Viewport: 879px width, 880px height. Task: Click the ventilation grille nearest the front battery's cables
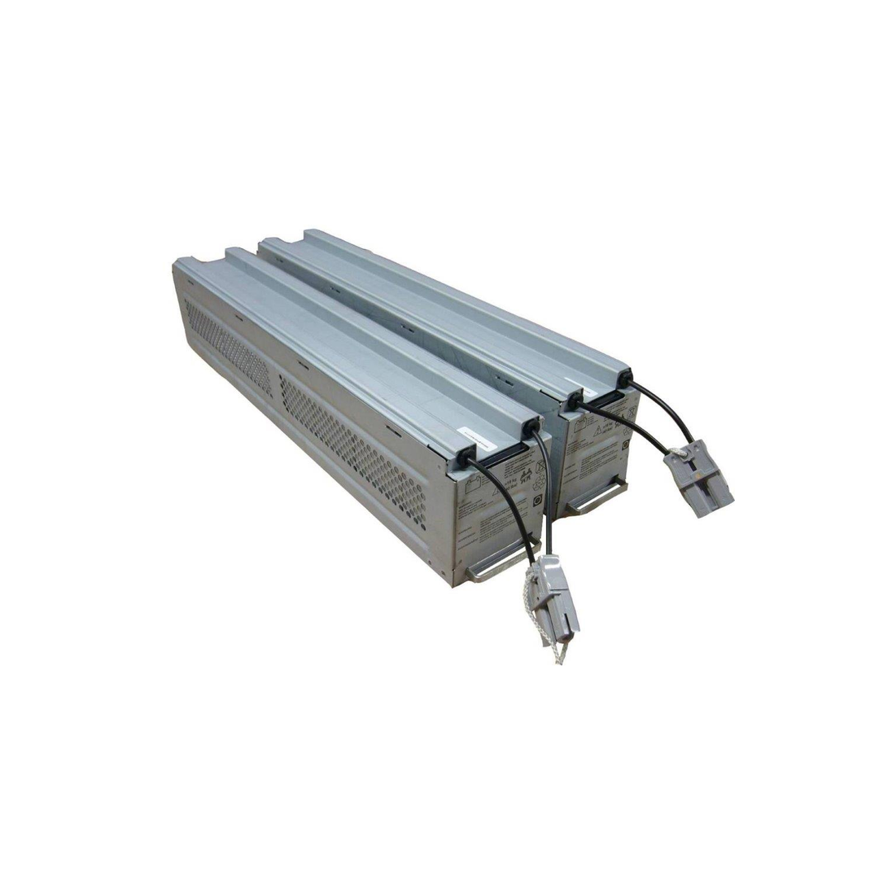353,448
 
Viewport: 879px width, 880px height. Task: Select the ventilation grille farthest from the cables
227,346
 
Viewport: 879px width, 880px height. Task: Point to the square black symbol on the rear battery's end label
625,445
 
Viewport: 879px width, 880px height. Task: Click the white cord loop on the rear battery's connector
677,449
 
